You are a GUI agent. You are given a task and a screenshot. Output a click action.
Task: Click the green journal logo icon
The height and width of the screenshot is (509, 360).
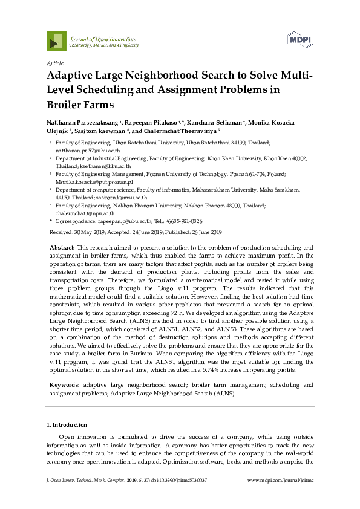[x=57, y=41]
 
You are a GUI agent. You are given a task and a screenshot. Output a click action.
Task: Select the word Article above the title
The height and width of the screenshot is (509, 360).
[x=54, y=63]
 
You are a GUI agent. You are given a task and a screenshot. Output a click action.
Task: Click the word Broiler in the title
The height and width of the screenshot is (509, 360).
[x=70, y=105]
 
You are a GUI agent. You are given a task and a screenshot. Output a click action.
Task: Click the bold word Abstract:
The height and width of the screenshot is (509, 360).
[x=61, y=248]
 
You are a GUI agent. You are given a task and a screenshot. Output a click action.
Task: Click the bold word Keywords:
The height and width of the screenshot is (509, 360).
[x=65, y=368]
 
